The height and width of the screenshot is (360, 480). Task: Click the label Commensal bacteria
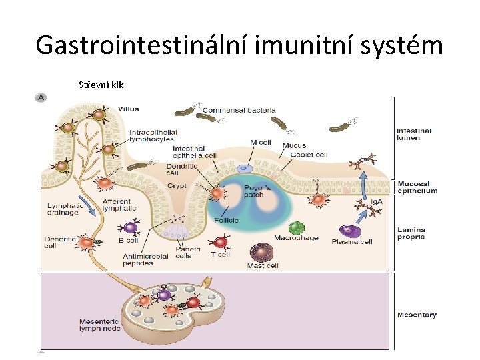(234, 110)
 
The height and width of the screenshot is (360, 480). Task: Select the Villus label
(128, 109)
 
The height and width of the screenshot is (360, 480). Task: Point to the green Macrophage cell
(296, 228)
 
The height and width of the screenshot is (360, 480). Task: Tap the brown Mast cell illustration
(261, 253)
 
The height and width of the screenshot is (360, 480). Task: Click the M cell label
(261, 142)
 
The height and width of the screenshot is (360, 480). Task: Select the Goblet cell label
(309, 155)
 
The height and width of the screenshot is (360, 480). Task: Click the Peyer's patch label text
(253, 191)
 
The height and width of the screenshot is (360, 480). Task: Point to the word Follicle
(226, 220)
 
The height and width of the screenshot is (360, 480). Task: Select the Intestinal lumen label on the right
(414, 135)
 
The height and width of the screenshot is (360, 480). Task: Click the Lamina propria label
(411, 233)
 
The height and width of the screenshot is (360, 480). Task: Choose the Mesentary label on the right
(417, 315)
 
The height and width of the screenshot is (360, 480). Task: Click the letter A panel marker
(41, 97)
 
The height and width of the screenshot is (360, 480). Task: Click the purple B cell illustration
(131, 228)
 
